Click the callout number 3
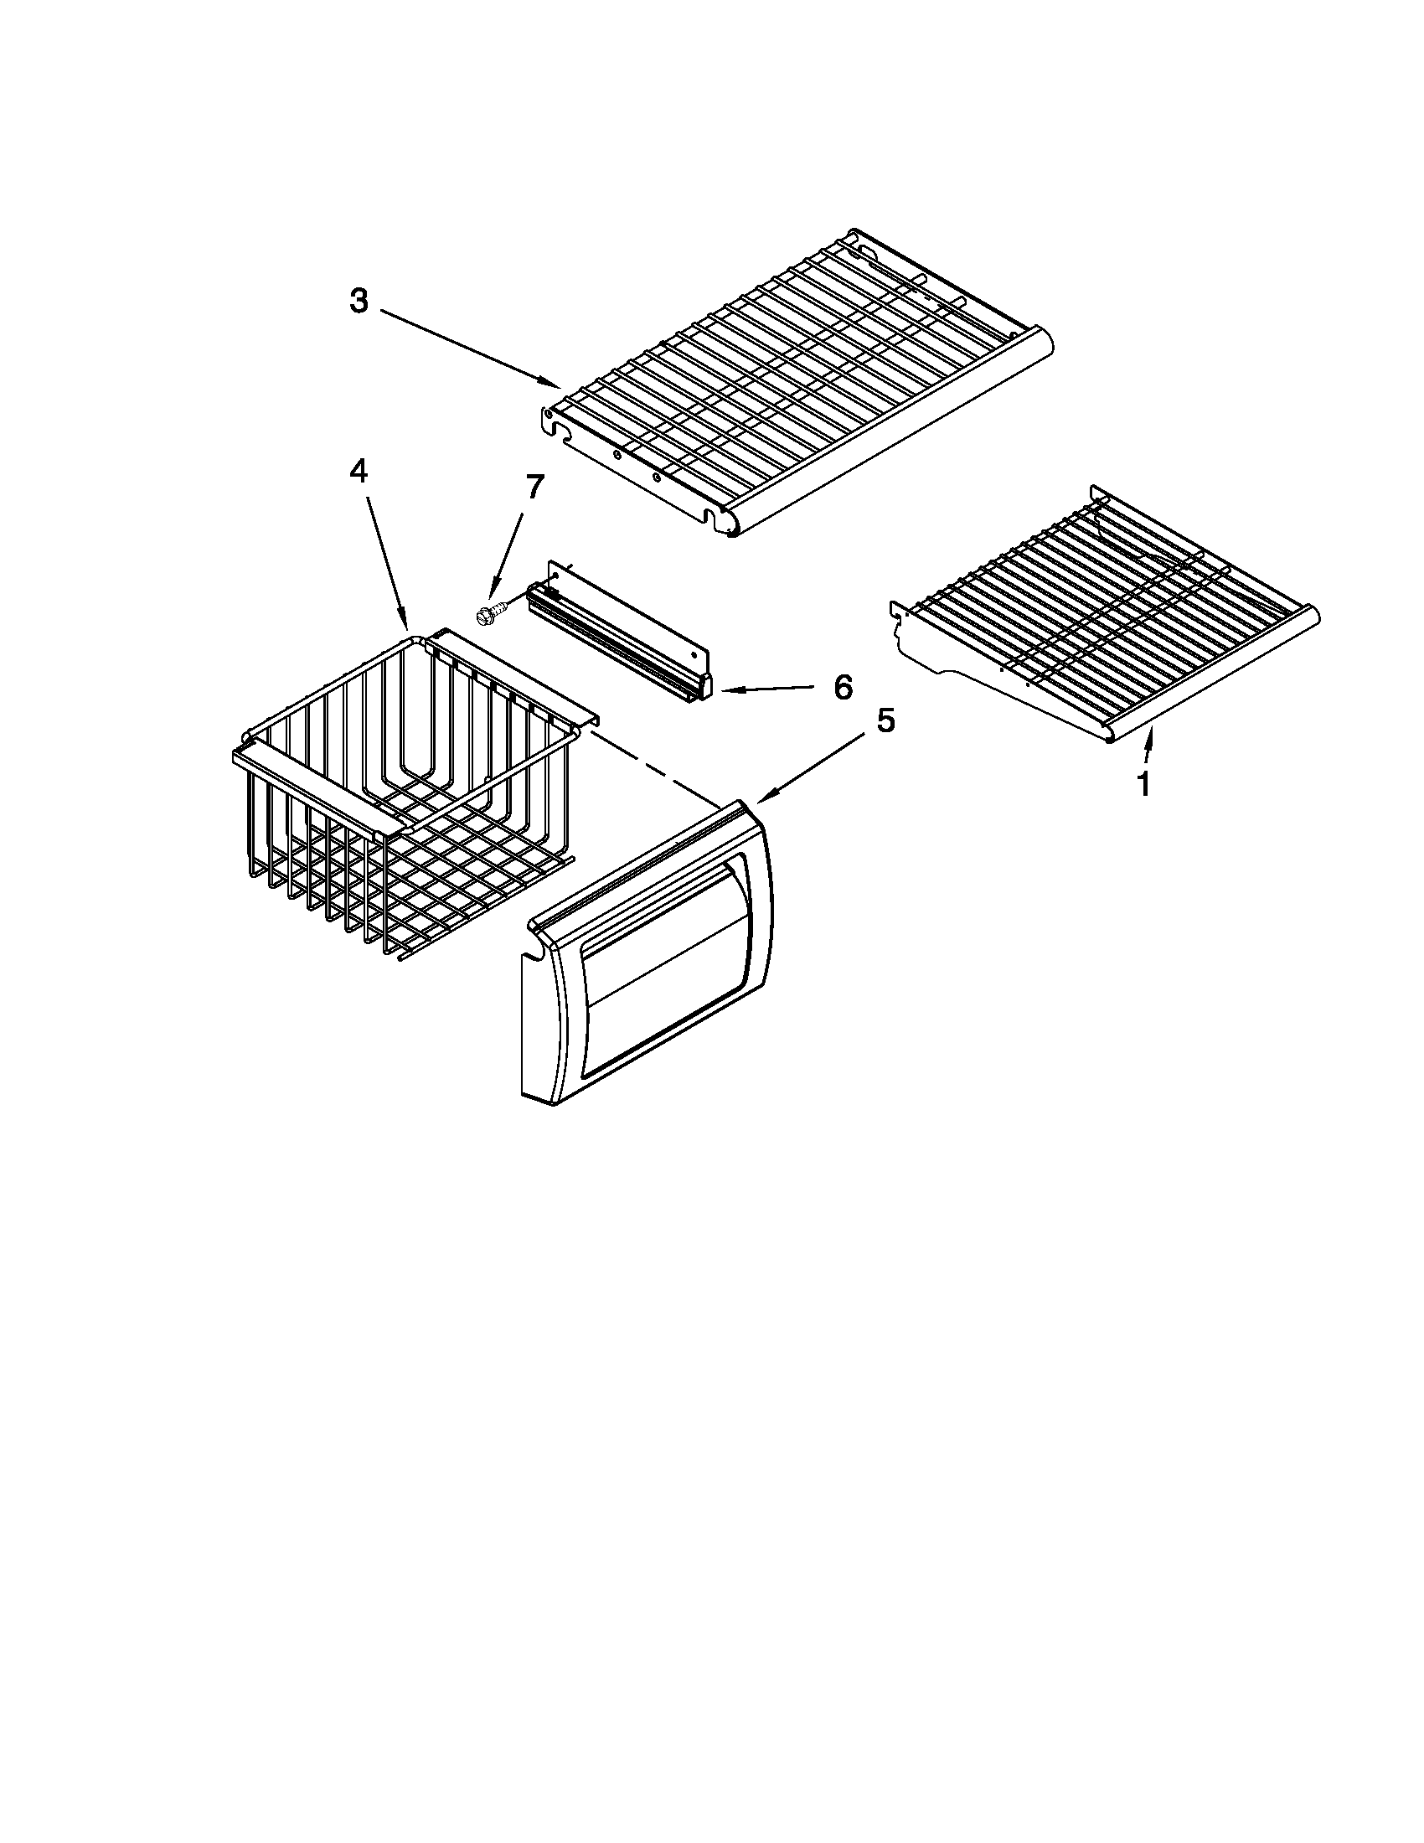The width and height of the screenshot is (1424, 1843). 359,302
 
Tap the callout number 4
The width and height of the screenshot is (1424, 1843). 359,472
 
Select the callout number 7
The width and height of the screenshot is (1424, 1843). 534,488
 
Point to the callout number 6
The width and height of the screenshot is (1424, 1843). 843,687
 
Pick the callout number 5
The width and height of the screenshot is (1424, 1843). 885,721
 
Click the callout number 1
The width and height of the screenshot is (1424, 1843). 1143,785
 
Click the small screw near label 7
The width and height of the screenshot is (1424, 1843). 486,616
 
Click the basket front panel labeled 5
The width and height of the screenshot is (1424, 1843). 649,953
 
